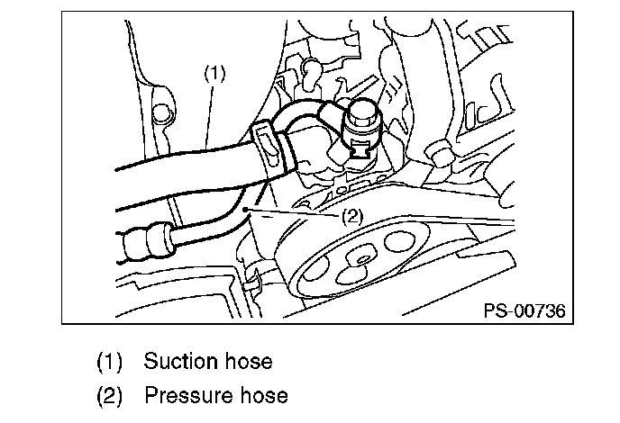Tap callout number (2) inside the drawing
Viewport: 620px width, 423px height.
[x=352, y=216]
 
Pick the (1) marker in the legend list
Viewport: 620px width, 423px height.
[x=109, y=362]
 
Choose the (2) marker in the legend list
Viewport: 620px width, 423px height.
[x=109, y=395]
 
